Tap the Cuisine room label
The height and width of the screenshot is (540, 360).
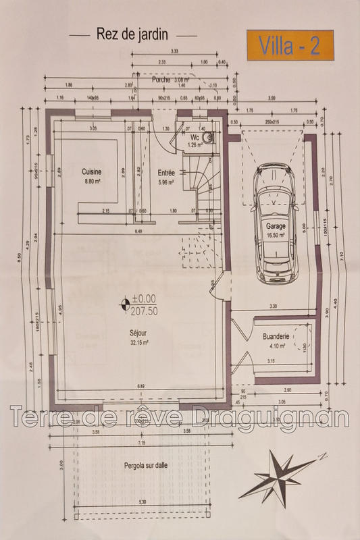pyautogui.click(x=91, y=172)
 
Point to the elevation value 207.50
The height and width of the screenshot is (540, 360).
pyautogui.click(x=145, y=312)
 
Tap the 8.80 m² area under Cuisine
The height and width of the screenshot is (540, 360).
pyautogui.click(x=91, y=182)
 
